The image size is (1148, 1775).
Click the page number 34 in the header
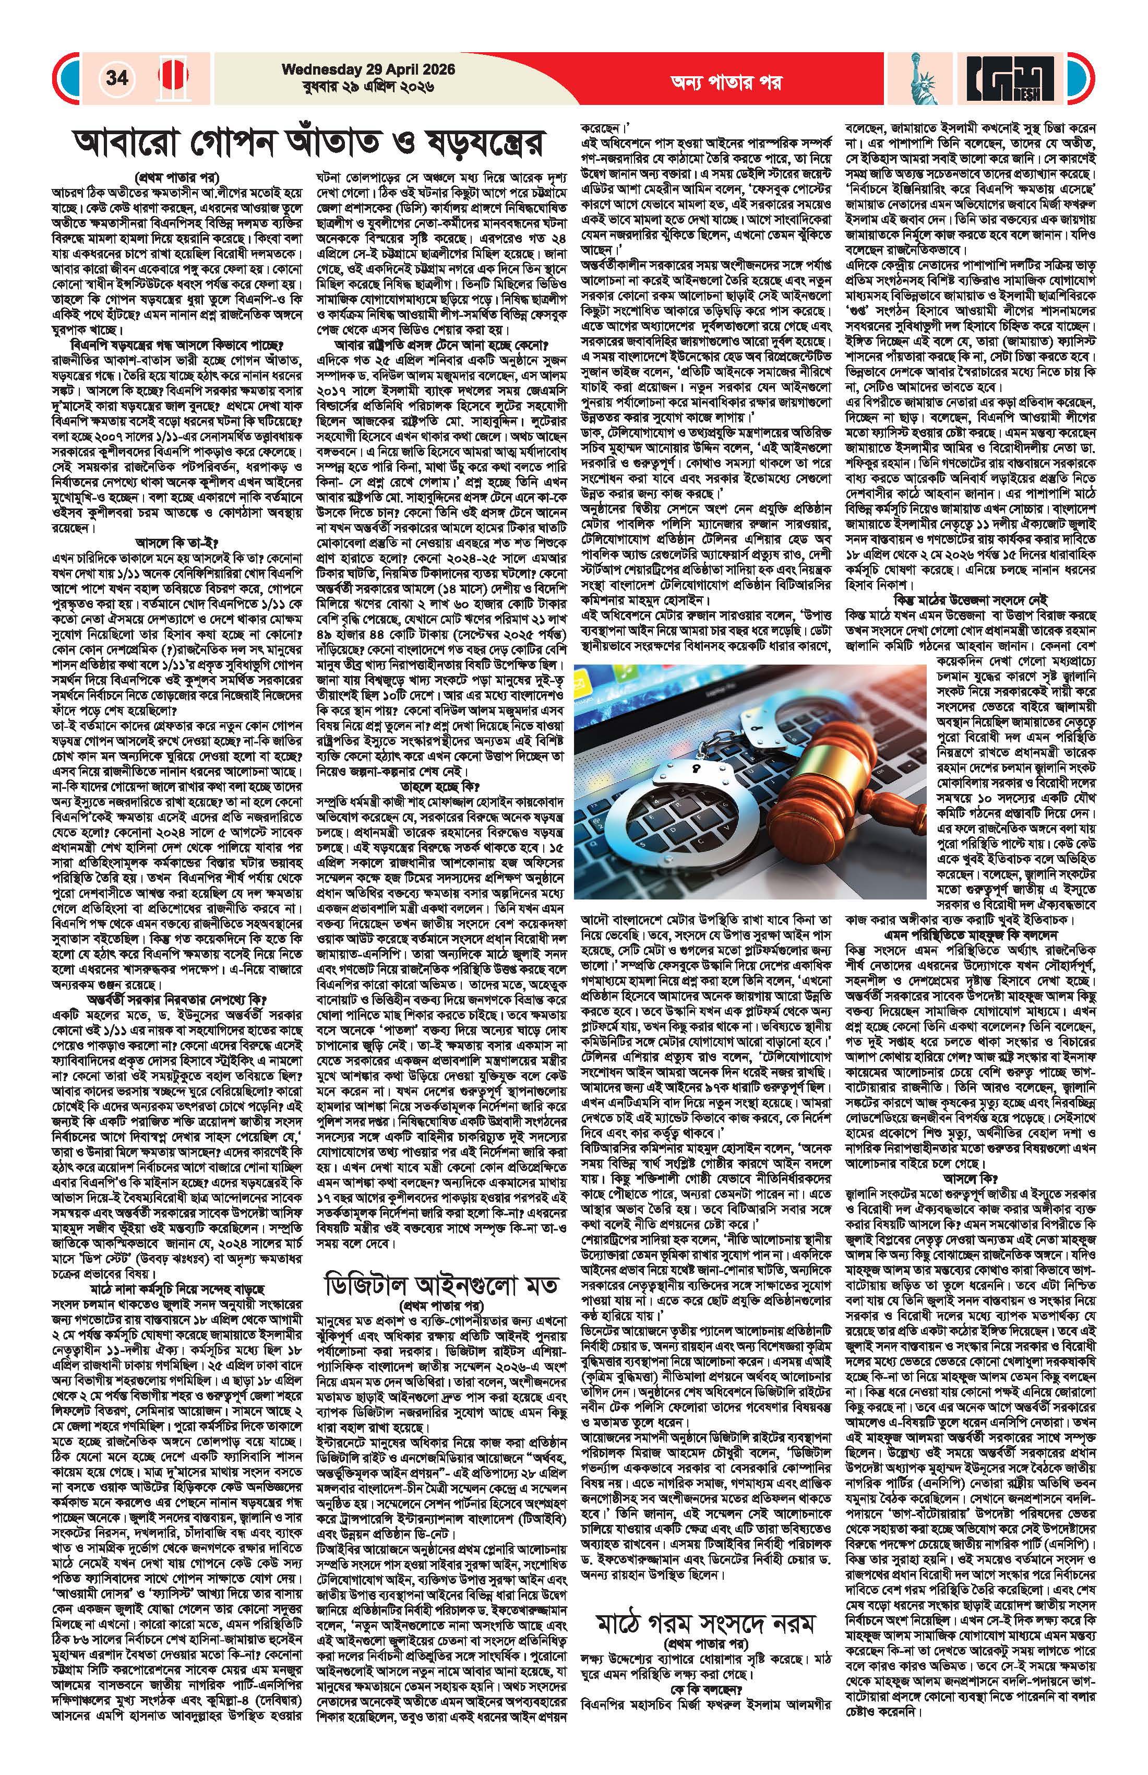[117, 78]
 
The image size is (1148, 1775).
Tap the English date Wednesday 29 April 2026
[368, 68]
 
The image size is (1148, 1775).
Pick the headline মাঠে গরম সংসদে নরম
[704, 1577]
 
